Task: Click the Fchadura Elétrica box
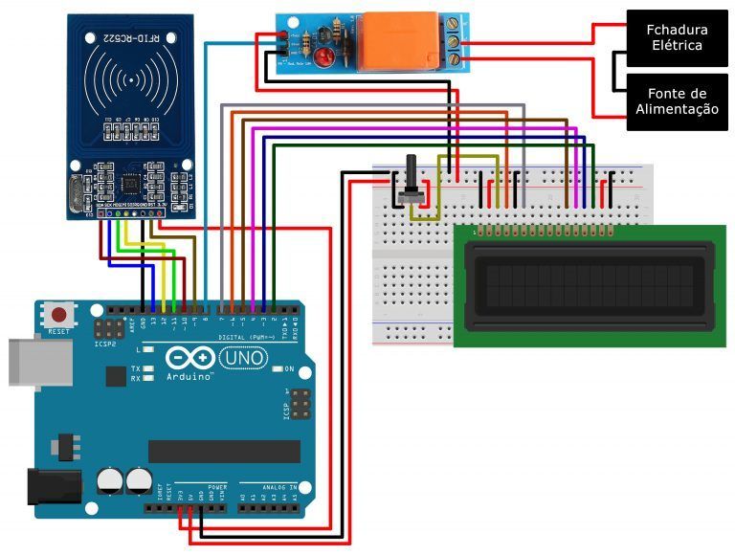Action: tap(677, 38)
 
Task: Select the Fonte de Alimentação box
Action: tap(677, 101)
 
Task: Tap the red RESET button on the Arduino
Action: tap(61, 315)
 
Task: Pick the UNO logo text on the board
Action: tap(243, 358)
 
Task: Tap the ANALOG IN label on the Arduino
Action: tap(272, 486)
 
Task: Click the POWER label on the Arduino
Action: tap(217, 486)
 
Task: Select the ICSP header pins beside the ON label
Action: tap(301, 406)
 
